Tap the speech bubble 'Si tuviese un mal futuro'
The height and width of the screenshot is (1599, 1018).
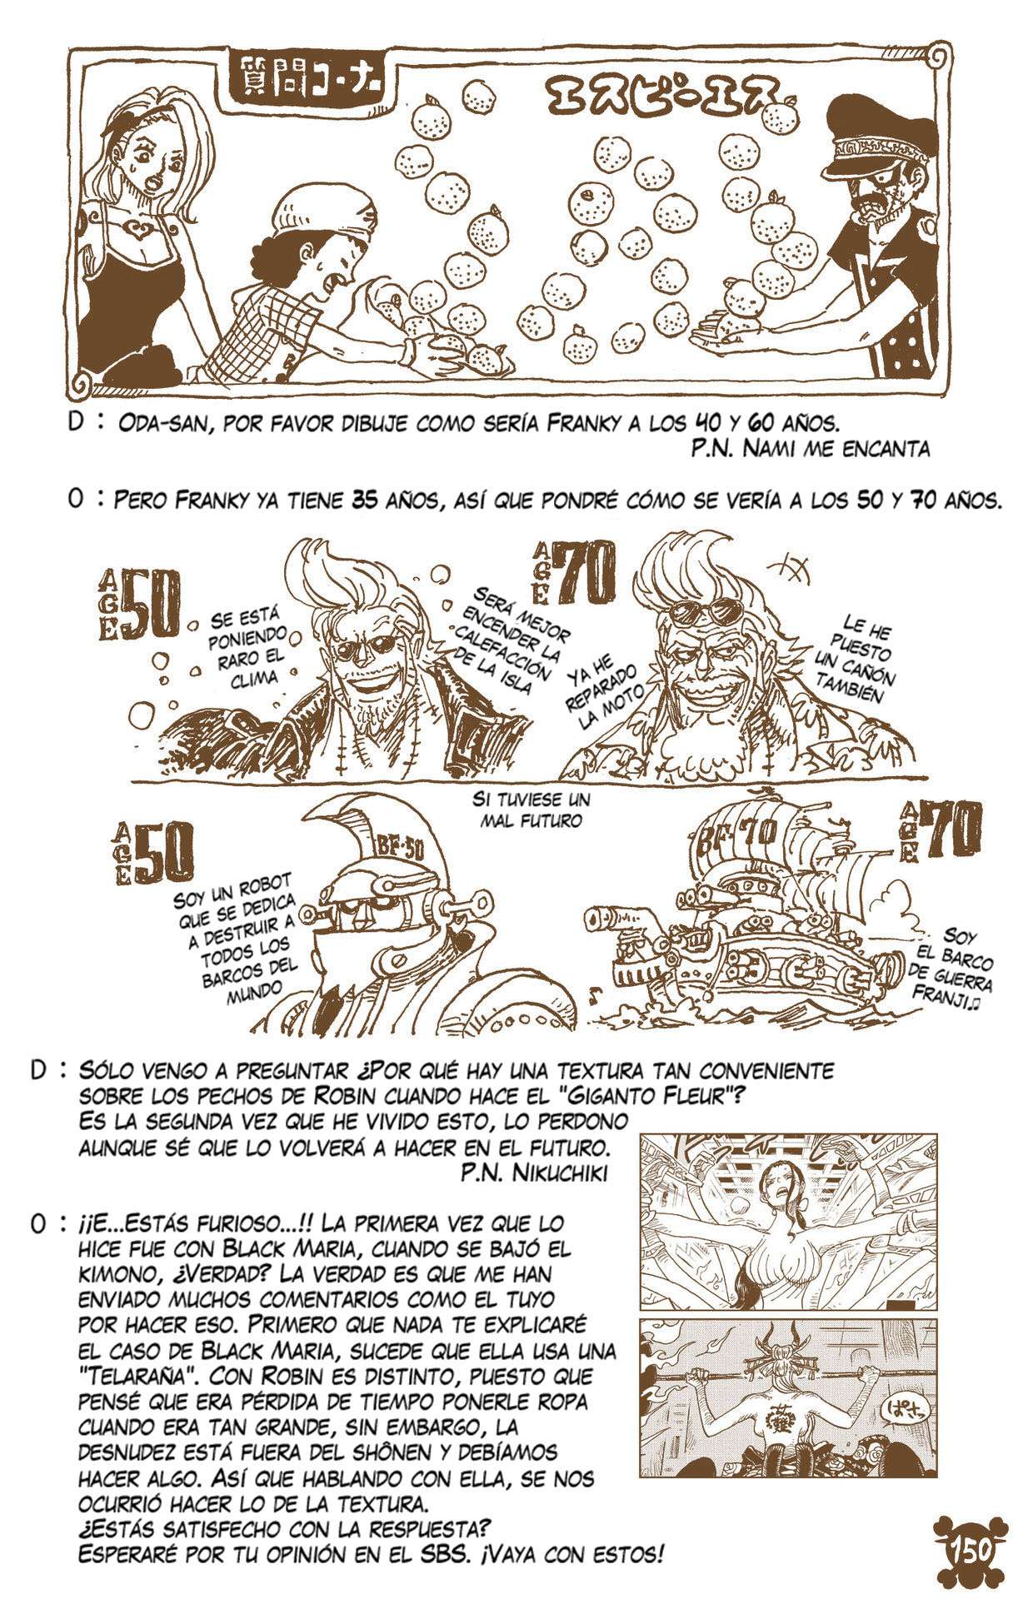(x=530, y=809)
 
